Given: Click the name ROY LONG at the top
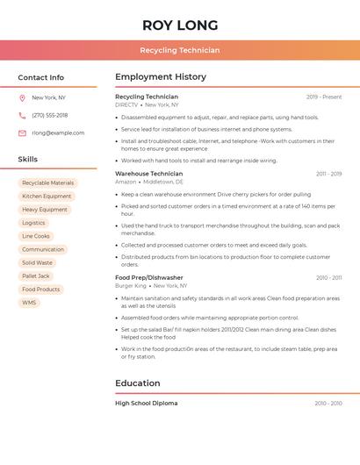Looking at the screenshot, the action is (x=179, y=25).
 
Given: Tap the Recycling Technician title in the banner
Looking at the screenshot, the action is (x=179, y=50).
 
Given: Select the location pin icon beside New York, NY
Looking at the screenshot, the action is (x=22, y=97).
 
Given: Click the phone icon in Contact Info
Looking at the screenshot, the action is (x=22, y=115).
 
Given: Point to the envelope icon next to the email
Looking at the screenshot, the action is (x=22, y=133).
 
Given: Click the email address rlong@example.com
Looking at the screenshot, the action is (x=58, y=133).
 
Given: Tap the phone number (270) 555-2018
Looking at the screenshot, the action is (x=50, y=115).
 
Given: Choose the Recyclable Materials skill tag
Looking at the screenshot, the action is (x=48, y=182).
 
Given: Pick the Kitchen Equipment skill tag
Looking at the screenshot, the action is (x=47, y=196).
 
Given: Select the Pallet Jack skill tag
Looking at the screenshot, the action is (x=36, y=275).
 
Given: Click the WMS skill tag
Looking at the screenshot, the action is (x=29, y=303).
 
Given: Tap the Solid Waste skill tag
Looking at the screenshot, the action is (x=37, y=262).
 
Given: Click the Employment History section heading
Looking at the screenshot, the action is (x=161, y=77).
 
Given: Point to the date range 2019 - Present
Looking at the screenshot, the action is (x=324, y=97).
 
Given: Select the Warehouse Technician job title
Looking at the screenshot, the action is (x=149, y=174).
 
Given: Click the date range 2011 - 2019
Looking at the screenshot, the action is (x=329, y=174).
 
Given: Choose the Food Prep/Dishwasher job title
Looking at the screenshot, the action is (x=149, y=277).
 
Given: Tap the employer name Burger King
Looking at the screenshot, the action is (x=131, y=286).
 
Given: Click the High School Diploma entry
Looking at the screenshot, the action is (x=146, y=403).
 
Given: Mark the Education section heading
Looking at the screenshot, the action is (x=138, y=383).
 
